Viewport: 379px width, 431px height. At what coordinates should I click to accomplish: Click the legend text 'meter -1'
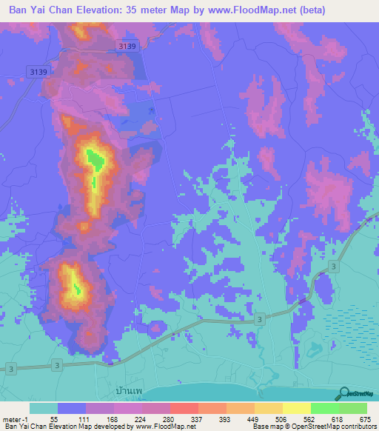pyautogui.click(x=15, y=419)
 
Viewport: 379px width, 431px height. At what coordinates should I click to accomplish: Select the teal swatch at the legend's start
pyautogui.click(x=44, y=408)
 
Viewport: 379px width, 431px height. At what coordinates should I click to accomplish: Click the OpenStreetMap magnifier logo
pyautogui.click(x=345, y=393)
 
